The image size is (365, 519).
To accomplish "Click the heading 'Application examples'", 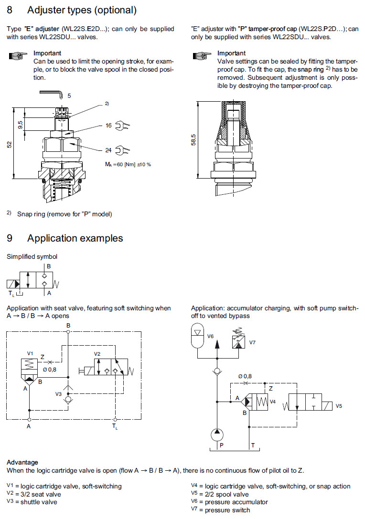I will click(x=75, y=238).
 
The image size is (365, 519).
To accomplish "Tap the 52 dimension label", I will click(x=9, y=144).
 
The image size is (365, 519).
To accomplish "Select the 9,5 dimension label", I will click(x=21, y=125).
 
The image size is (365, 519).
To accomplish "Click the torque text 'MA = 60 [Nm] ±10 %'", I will click(x=128, y=164).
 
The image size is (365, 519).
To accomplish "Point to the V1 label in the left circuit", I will click(x=30, y=353).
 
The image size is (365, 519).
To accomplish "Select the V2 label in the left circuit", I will click(x=97, y=354).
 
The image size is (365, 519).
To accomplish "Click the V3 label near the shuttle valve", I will click(x=59, y=394).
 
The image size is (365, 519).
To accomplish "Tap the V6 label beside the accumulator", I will click(x=210, y=336).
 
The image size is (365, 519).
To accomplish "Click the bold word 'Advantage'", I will click(x=22, y=462).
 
